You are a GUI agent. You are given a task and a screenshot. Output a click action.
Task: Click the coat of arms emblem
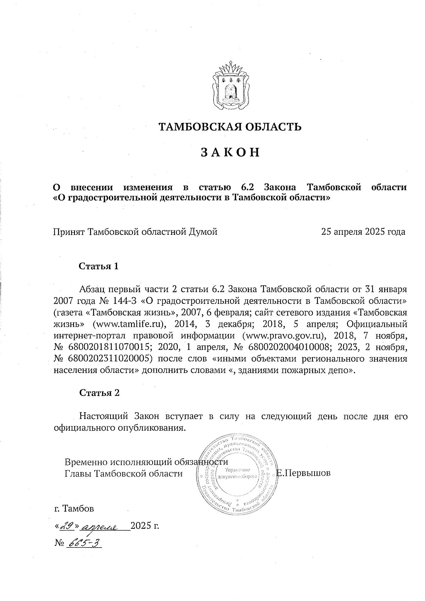pyautogui.click(x=230, y=86)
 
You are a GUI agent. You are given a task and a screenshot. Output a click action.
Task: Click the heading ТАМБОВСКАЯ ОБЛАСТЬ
pyautogui.click(x=230, y=126)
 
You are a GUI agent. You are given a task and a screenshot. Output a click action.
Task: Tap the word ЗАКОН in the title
pyautogui.click(x=230, y=152)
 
